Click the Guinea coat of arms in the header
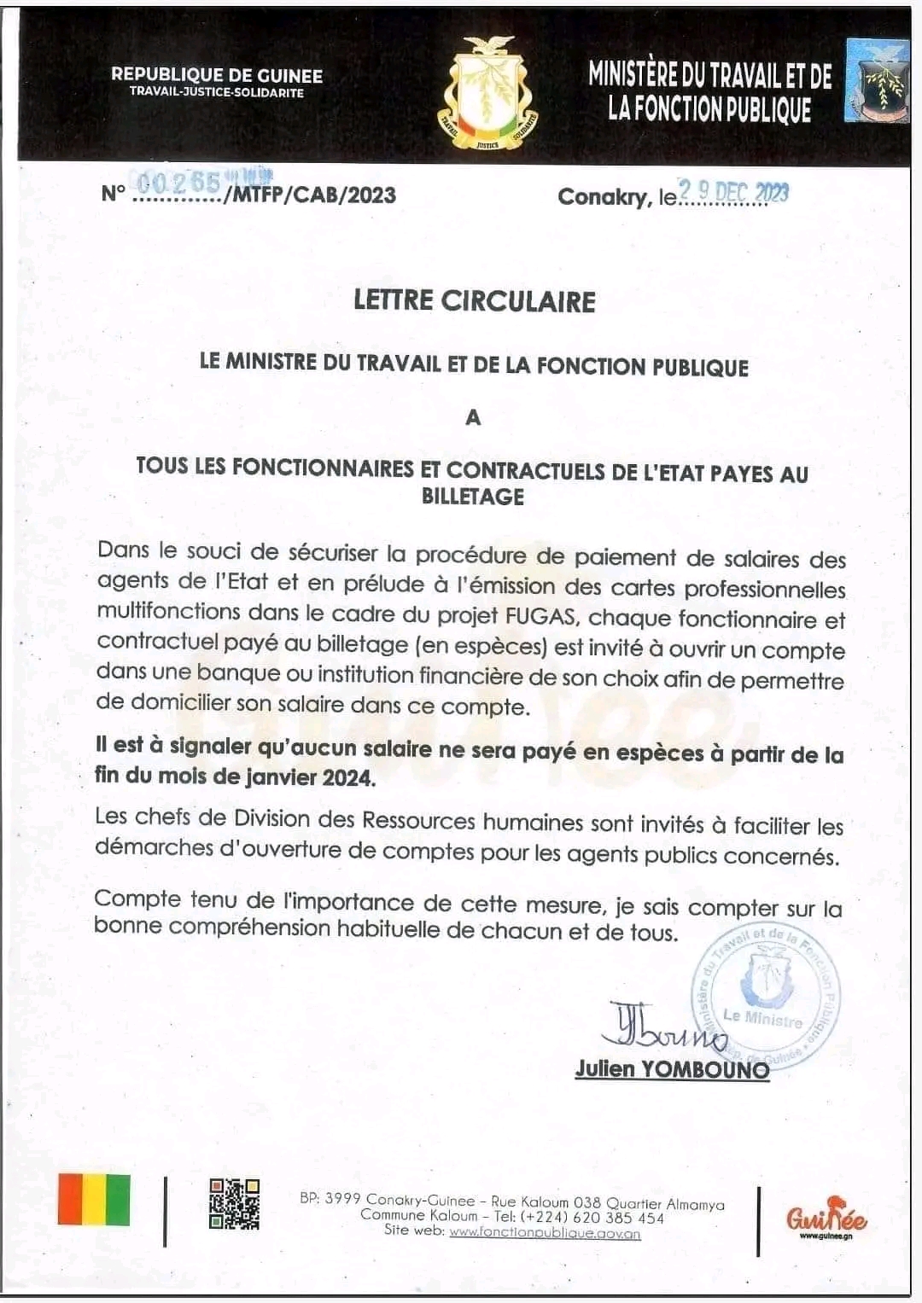488,93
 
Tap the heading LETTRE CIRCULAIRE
475,301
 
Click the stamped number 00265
179,183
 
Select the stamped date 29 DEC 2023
733,192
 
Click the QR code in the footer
234,1204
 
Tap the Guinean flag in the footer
94,1200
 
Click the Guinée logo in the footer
826,1219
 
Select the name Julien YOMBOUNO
672,1068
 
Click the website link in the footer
545,1232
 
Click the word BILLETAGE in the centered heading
473,496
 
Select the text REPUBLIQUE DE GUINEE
217,75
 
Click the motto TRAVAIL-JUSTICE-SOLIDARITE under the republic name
217,92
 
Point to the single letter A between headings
473,417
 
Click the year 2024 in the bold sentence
348,777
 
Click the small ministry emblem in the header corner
876,80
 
